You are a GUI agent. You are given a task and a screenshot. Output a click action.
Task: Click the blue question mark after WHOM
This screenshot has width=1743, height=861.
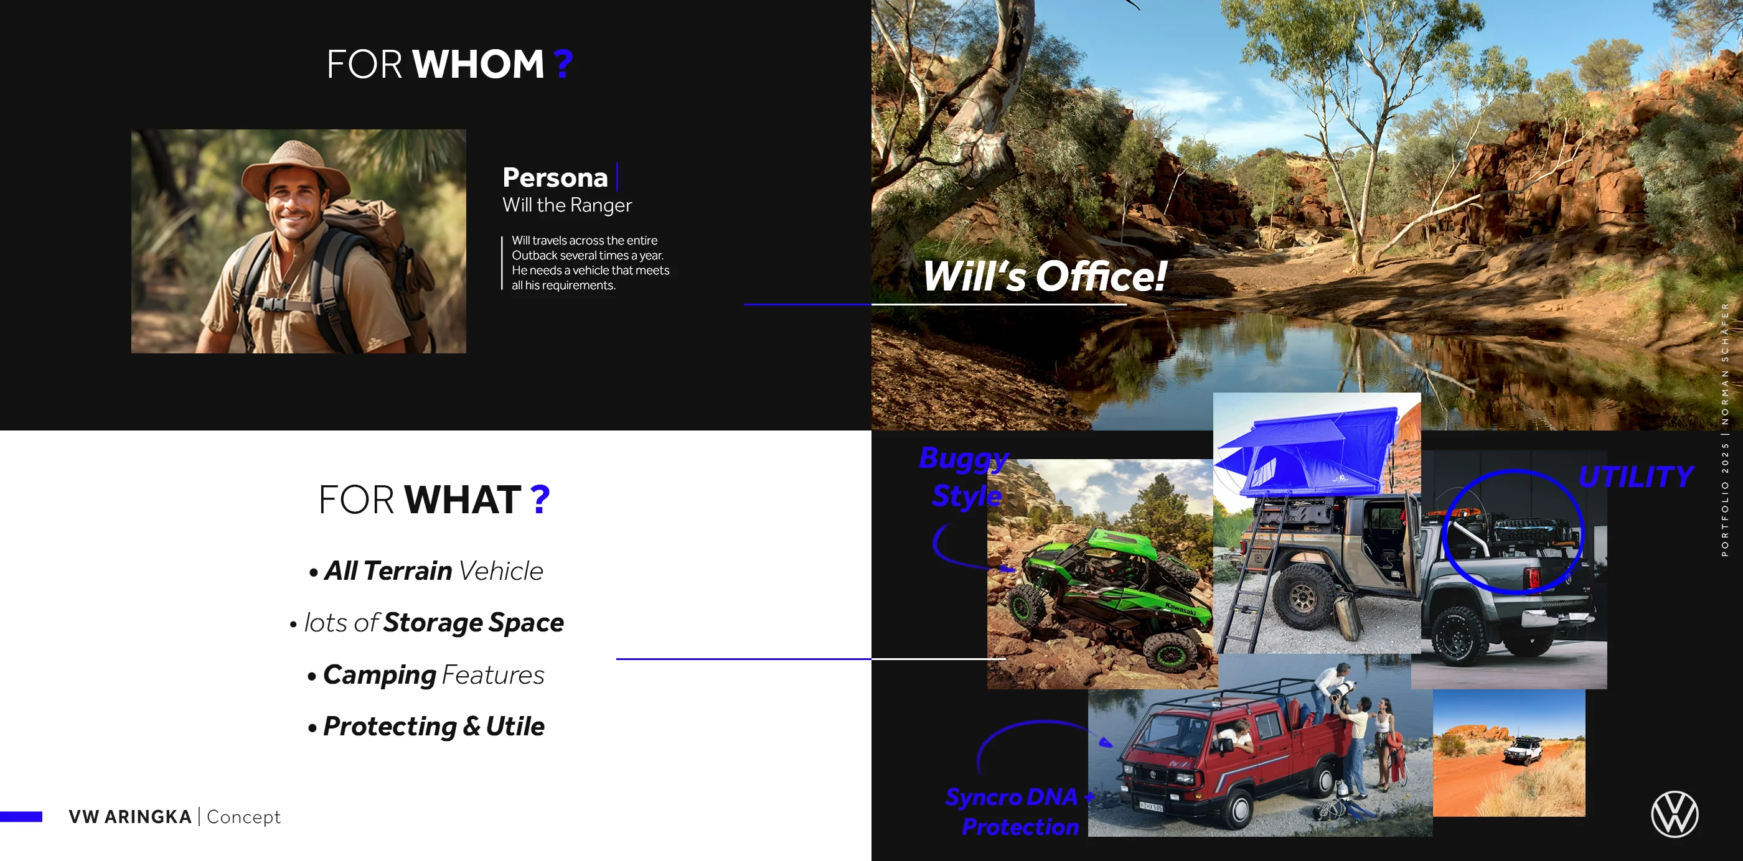tap(563, 64)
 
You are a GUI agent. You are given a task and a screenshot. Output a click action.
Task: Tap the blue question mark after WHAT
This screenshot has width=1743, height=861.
tap(540, 500)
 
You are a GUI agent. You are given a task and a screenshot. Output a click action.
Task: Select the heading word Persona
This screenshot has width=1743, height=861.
tap(555, 177)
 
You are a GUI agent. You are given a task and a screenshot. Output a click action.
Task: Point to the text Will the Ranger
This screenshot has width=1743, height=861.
tap(567, 205)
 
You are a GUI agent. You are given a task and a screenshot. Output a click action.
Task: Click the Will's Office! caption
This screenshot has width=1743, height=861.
tap(1045, 276)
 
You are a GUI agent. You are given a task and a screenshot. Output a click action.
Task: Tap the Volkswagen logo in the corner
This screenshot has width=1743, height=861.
tap(1674, 814)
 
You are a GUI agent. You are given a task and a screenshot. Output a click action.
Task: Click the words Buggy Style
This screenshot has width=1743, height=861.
tap(965, 477)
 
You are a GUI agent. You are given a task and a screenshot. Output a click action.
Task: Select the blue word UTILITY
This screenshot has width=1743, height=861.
tap(1636, 477)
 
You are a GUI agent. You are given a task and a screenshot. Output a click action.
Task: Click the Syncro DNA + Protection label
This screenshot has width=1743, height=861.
tap(1020, 812)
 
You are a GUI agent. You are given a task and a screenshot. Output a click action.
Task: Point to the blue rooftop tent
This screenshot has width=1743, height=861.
tap(1308, 450)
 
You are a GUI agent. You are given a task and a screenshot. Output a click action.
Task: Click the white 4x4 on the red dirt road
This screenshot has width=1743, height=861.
tap(1523, 750)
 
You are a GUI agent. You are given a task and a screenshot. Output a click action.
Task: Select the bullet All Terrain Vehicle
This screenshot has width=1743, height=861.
tap(426, 571)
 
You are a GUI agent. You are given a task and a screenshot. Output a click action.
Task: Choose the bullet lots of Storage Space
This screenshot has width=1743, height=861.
tap(426, 623)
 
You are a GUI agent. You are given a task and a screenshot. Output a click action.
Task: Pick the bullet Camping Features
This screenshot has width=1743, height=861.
tap(426, 675)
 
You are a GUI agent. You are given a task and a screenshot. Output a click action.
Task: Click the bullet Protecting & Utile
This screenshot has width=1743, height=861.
tap(426, 727)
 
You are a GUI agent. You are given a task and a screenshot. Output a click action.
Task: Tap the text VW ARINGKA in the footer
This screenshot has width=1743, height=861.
tap(130, 817)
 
